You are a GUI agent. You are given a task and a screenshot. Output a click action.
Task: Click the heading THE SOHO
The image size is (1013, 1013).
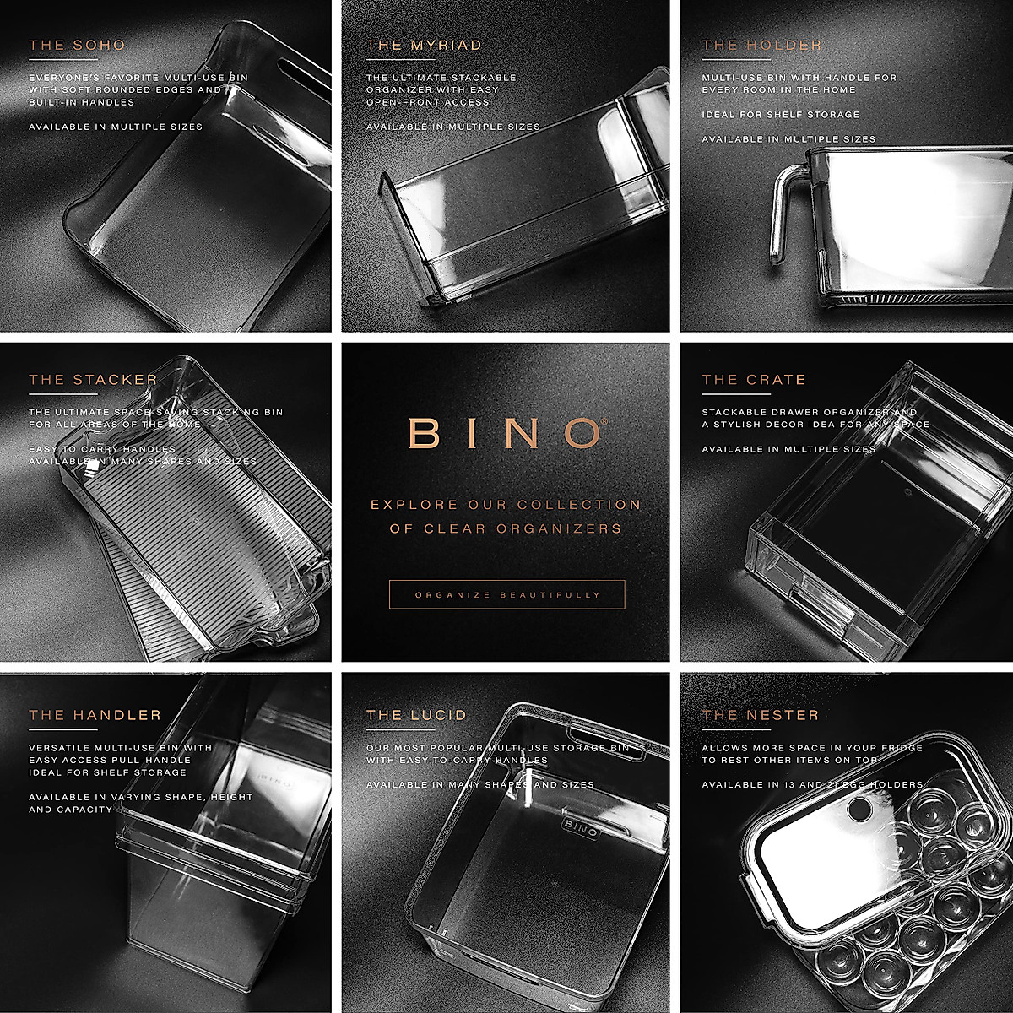tap(77, 46)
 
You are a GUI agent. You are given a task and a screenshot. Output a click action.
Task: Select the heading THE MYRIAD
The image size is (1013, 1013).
tap(424, 46)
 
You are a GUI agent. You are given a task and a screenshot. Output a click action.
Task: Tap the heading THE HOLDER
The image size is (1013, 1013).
tap(761, 46)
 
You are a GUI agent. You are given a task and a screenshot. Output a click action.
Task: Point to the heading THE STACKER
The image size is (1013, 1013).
tap(93, 380)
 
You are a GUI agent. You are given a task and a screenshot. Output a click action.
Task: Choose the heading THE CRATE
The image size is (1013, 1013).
tap(754, 380)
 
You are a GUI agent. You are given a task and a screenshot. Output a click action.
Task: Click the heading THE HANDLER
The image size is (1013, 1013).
tap(95, 715)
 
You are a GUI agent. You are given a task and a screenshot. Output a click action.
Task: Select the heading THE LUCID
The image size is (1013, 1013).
tap(416, 715)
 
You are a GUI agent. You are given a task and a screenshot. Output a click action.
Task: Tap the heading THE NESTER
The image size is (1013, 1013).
tap(760, 715)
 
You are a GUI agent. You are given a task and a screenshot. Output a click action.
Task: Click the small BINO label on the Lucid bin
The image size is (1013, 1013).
tap(580, 826)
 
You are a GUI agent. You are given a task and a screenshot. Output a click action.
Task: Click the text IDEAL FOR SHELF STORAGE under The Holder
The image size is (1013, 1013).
tap(780, 115)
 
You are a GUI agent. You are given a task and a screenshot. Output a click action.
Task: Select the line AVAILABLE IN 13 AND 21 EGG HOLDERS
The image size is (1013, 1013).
tap(812, 785)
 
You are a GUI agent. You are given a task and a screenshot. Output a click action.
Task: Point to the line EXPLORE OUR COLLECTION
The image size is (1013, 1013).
tap(506, 505)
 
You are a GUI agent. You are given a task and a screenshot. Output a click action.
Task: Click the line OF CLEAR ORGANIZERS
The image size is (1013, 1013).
tap(506, 529)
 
